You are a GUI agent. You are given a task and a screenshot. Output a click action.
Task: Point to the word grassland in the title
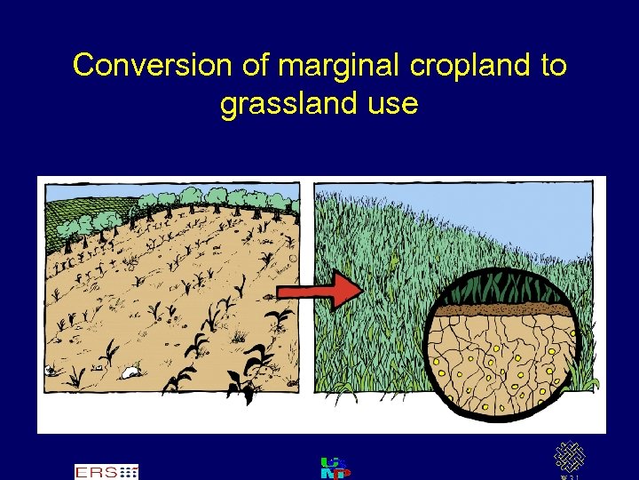coord(288,104)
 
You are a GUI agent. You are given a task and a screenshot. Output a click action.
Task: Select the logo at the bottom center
coord(335,468)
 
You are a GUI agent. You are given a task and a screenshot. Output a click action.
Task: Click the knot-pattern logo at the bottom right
coord(570,458)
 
